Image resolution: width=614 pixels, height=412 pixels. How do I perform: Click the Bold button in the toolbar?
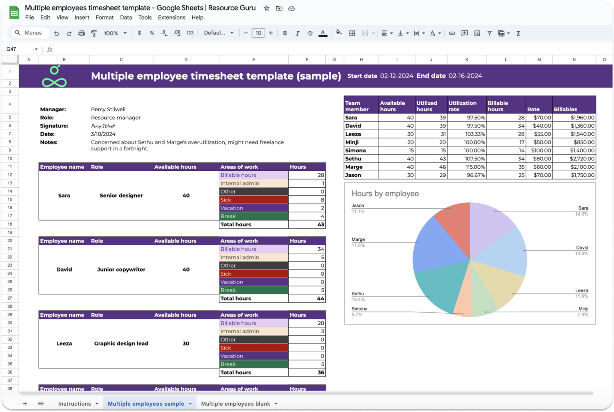[x=285, y=33]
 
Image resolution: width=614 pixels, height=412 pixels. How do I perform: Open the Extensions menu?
[x=171, y=18]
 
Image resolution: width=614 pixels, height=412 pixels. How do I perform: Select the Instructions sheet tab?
[x=74, y=404]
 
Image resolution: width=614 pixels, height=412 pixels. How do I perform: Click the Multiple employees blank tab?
[x=235, y=404]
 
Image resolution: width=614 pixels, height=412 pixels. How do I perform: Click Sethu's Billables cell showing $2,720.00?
[x=574, y=159]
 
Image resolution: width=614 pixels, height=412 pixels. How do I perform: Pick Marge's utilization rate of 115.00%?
[x=466, y=167]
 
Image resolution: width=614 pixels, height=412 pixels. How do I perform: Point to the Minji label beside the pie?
[x=583, y=309]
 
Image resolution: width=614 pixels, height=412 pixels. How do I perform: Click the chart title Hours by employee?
[x=385, y=194]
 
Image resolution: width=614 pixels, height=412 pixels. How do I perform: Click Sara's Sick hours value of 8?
[x=307, y=200]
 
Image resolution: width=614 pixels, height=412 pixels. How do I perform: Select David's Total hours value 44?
[x=307, y=298]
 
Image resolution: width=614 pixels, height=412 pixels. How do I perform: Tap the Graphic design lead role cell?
[x=121, y=344]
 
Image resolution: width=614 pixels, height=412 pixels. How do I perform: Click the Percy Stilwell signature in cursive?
[x=103, y=126]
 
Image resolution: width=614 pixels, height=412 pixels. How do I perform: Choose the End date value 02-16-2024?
[x=465, y=76]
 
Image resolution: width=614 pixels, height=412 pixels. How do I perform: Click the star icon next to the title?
[x=267, y=8]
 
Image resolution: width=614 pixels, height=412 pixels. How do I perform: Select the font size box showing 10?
[x=258, y=33]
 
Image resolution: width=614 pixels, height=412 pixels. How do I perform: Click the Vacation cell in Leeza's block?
[x=253, y=356]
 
